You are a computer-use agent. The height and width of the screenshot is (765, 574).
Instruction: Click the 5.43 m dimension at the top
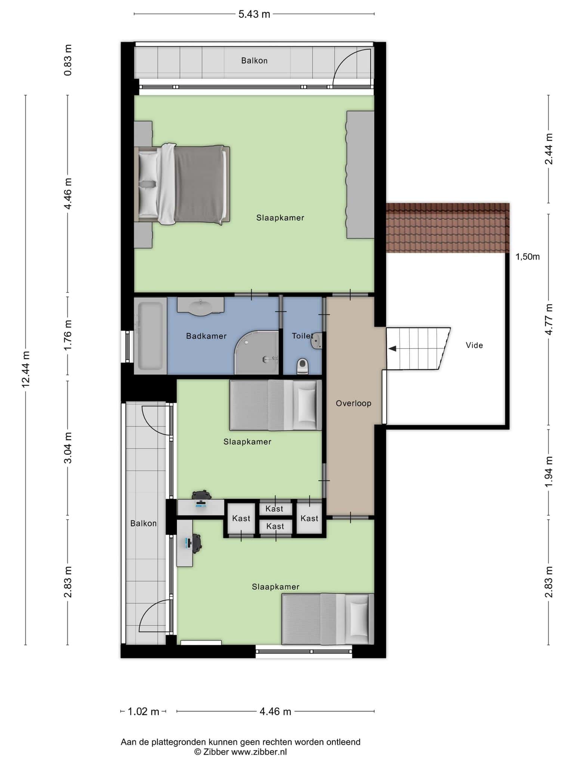click(254, 14)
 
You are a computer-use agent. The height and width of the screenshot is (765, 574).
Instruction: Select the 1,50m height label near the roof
click(528, 257)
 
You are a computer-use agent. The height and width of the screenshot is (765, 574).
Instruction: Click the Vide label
click(474, 345)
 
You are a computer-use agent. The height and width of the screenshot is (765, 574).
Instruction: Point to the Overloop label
click(354, 403)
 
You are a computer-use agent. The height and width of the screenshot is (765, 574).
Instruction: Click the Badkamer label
click(206, 336)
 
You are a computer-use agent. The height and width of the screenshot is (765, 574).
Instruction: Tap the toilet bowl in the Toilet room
click(302, 366)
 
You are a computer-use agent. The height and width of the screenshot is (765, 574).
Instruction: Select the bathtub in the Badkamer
click(151, 336)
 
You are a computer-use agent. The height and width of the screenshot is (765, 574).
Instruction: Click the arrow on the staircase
click(392, 349)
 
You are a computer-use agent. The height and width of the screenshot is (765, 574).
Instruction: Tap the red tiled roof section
click(448, 228)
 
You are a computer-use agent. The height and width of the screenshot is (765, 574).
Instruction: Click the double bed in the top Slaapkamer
click(182, 185)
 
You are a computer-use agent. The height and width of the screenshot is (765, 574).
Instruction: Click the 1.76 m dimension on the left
click(68, 335)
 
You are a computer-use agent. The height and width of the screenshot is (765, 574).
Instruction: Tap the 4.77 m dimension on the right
click(549, 319)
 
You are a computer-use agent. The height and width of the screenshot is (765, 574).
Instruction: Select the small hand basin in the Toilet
click(317, 341)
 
